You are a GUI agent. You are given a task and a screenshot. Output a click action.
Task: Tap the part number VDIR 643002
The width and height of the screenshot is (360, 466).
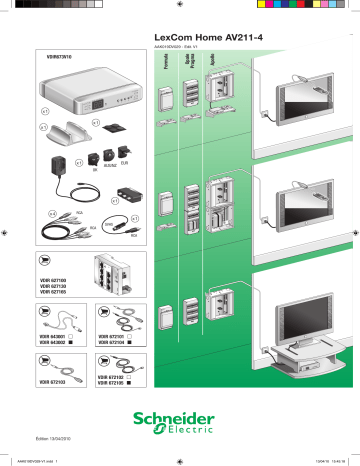[50, 346]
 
